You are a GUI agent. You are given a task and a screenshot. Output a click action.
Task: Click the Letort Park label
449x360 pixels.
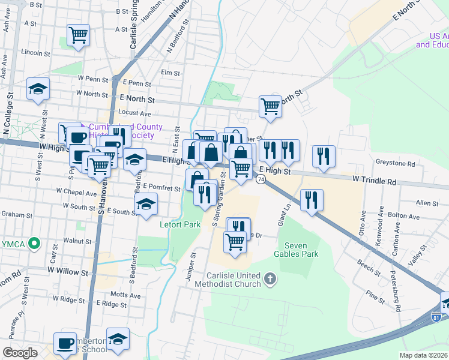179,225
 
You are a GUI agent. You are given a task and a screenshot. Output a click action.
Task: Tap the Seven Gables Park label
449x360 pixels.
301,249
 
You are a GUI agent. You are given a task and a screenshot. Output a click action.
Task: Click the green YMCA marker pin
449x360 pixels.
35,244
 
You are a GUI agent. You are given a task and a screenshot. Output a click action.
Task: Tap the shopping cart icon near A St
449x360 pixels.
78,35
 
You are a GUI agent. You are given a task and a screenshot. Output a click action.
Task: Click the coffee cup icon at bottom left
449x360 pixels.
65,343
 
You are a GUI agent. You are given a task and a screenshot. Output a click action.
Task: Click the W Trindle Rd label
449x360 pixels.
375,180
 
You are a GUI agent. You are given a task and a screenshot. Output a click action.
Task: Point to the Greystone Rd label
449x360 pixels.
394,163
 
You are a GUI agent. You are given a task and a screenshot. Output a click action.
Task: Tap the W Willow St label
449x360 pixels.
68,272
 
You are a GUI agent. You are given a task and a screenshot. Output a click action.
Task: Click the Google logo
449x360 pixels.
20,353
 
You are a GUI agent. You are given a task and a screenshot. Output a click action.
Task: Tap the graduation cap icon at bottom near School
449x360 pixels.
118,338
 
